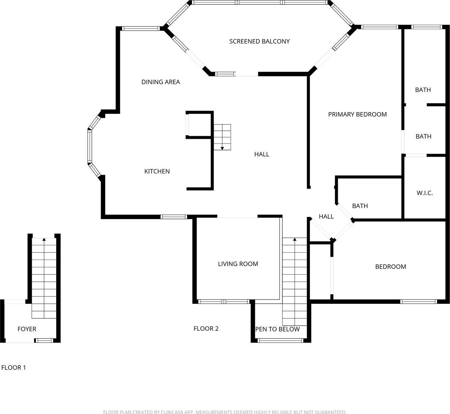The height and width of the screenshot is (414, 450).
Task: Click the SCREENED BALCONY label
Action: click(x=259, y=41)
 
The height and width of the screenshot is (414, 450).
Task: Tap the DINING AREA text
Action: click(x=161, y=82)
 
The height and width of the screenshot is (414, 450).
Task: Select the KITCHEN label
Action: click(x=157, y=172)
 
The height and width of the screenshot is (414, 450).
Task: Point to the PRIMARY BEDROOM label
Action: click(x=357, y=114)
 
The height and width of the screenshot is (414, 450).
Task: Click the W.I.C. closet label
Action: click(x=424, y=193)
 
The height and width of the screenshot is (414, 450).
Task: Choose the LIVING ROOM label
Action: click(x=238, y=264)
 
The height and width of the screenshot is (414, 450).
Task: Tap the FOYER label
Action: click(x=27, y=329)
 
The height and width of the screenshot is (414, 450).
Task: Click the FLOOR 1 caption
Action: click(x=13, y=368)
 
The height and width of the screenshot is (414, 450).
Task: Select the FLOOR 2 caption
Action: click(x=206, y=329)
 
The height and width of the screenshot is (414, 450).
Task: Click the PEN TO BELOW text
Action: click(x=278, y=329)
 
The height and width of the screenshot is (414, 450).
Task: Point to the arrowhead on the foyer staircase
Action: click(x=44, y=239)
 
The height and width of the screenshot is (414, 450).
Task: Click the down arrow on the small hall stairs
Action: click(x=222, y=148)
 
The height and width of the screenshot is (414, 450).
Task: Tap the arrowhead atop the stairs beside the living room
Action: click(x=294, y=239)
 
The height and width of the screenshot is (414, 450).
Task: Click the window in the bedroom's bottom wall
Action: click(x=418, y=302)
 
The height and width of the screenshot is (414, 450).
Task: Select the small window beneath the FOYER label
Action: click(x=44, y=341)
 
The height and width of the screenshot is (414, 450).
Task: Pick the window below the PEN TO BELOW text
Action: click(x=281, y=341)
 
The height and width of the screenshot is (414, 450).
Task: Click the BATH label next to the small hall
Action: click(x=360, y=206)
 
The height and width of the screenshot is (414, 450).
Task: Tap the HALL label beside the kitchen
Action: click(x=262, y=154)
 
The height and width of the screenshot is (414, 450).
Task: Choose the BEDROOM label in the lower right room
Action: click(x=391, y=267)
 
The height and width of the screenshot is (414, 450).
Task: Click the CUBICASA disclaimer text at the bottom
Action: click(x=225, y=412)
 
